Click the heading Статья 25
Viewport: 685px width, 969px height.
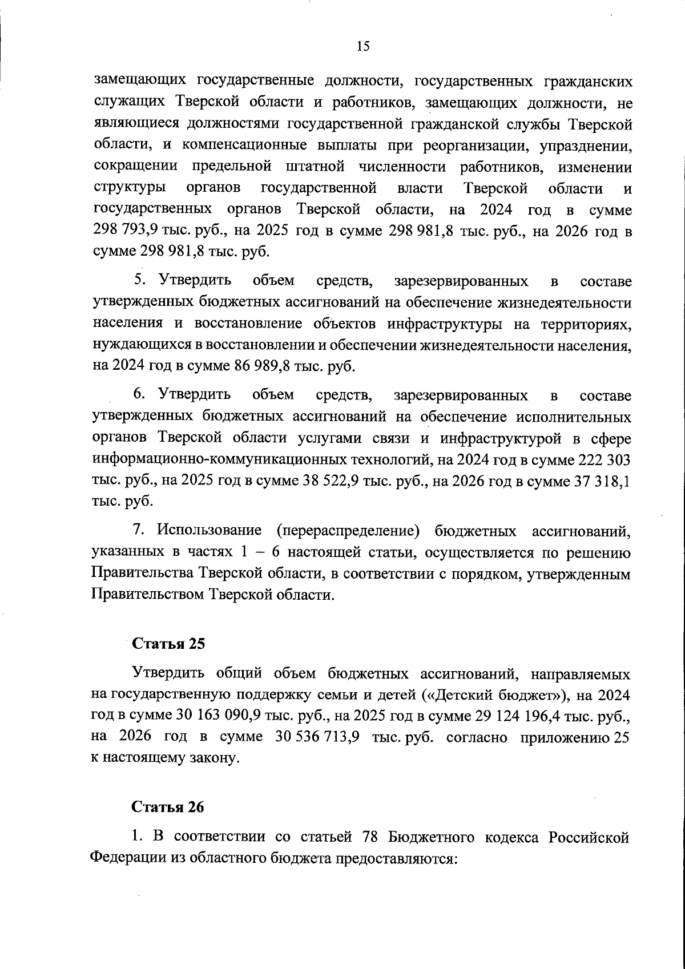point(168,643)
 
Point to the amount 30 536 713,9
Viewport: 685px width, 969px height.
point(317,737)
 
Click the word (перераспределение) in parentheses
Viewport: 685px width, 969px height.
point(348,531)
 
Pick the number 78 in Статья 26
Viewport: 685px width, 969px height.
point(372,837)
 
